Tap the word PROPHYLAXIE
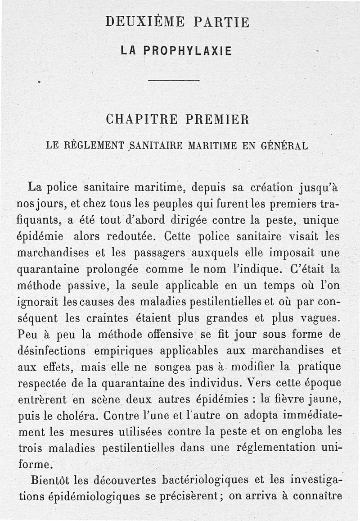coord(188,51)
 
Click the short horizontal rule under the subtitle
coord(174,81)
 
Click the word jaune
coord(326,399)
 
